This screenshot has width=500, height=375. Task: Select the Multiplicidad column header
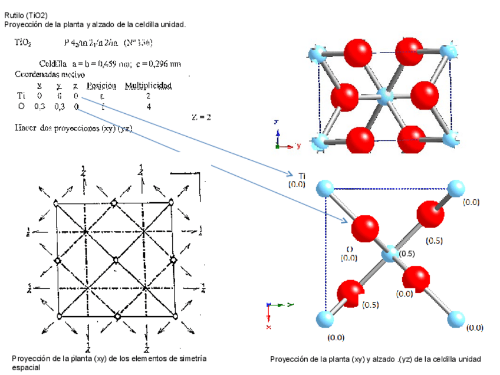147,85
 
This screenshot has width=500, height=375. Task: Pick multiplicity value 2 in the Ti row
148,96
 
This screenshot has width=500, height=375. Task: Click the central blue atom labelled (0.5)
389,255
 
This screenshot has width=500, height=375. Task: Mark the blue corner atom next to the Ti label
325,189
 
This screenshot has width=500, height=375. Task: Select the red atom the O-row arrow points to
365,228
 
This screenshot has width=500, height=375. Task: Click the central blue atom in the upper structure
386,95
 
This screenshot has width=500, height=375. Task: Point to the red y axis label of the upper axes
299,145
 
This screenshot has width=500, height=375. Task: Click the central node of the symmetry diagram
116,259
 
